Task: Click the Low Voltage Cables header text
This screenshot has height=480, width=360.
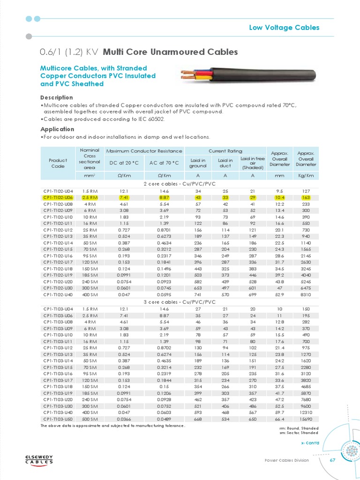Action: click(284, 28)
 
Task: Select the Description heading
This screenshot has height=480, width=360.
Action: click(57, 97)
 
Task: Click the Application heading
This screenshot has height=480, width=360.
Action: click(57, 129)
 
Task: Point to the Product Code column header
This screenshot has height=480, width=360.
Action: click(58, 163)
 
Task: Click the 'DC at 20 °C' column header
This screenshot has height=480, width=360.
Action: click(124, 163)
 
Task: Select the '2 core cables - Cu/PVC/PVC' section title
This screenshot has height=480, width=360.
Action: click(180, 184)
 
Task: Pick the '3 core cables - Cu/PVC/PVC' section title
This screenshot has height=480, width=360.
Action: click(180, 302)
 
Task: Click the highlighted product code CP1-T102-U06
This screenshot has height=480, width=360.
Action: click(58, 198)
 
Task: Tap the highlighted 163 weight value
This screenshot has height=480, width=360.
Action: click(306, 198)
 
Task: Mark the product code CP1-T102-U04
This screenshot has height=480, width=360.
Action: click(58, 191)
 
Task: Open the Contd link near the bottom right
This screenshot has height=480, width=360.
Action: click(310, 443)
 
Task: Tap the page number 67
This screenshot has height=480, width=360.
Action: click(332, 460)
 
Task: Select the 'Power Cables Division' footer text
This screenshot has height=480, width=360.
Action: click(287, 461)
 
